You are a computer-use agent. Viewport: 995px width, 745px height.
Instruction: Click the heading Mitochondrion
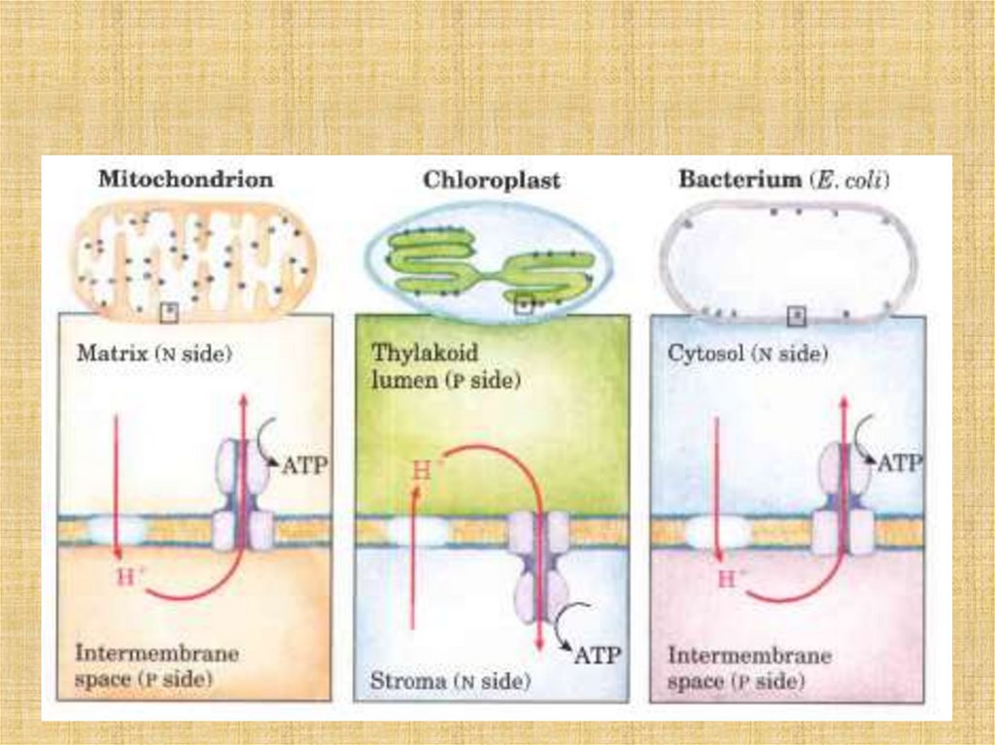[x=186, y=180]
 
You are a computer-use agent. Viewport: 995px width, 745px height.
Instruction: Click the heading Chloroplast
[x=491, y=181]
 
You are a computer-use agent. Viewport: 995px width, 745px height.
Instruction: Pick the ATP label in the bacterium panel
[x=898, y=465]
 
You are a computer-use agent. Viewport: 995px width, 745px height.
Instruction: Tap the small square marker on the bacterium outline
[x=797, y=315]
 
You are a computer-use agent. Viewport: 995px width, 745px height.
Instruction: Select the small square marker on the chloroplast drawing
[x=525, y=303]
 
